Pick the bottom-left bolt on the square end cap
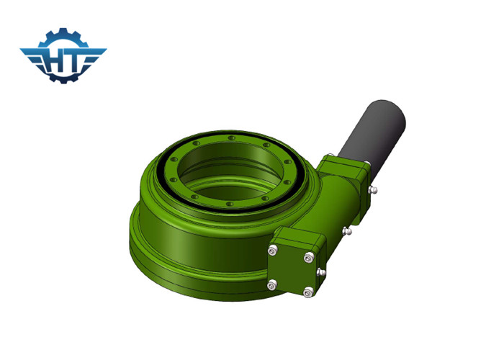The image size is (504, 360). pyautogui.click(x=271, y=284)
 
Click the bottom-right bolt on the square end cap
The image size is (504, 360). pyautogui.click(x=308, y=291)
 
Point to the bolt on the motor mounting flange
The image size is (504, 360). pyautogui.click(x=372, y=189)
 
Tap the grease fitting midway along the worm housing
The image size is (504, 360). pyautogui.click(x=346, y=230)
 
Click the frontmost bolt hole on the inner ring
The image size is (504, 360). pyautogui.click(x=230, y=203)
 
